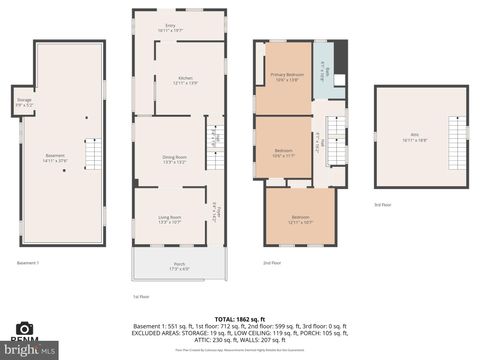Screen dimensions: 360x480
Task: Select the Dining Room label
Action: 175,159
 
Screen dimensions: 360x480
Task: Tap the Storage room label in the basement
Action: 25,102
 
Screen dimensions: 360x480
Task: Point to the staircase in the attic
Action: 460,133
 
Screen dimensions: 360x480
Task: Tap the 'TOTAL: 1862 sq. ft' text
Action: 240,317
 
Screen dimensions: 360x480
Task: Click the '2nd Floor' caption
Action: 271,262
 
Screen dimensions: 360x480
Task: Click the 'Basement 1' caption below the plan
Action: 28,262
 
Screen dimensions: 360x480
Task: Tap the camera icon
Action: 25,328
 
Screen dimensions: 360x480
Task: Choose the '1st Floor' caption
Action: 141,297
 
